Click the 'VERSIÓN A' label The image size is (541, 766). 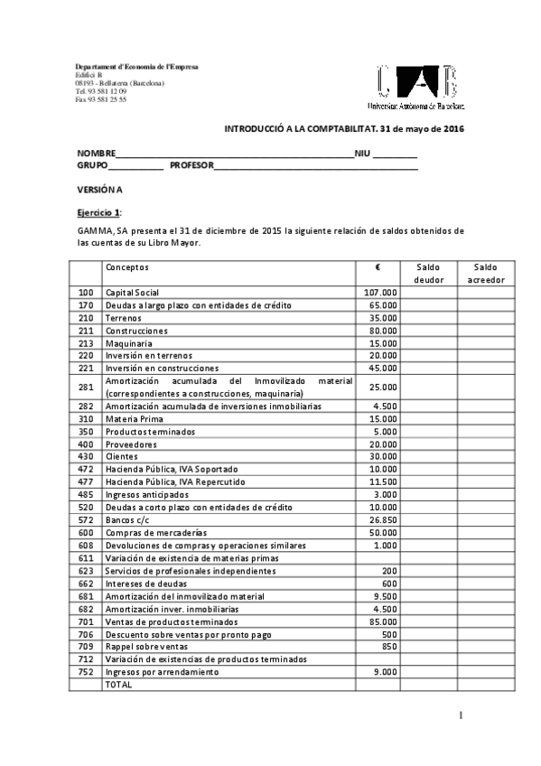[x=98, y=189]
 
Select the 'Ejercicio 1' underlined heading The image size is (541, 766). [x=98, y=211]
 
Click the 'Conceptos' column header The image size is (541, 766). [x=127, y=267]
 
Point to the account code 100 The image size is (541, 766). [x=86, y=293]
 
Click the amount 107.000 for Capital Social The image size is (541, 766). [x=380, y=293]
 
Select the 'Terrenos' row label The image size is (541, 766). [x=123, y=318]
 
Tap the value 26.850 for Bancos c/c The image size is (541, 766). [x=383, y=521]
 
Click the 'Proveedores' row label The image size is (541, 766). [x=131, y=444]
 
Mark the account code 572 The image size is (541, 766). [x=86, y=521]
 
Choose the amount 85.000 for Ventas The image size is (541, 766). [x=383, y=622]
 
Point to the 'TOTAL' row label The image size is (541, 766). [x=118, y=685]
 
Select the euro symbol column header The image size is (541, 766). [x=378, y=267]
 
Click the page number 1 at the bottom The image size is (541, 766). [x=461, y=717]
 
